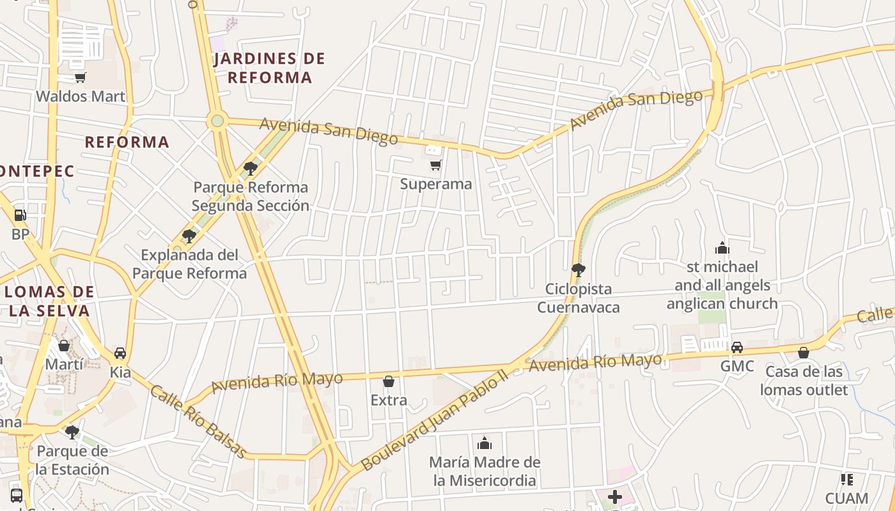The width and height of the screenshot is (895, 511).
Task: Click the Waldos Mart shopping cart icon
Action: coord(80,78)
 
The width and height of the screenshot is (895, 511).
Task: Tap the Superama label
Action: coord(436,184)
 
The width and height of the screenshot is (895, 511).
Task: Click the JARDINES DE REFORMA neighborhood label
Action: coord(269,68)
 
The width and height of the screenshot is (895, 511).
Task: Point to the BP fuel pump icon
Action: coord(20,216)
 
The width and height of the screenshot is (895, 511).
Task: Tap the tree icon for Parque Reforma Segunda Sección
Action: coord(251,169)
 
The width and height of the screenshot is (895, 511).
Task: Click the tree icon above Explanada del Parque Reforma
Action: coord(189,236)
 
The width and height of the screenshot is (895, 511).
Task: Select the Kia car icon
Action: coord(120,353)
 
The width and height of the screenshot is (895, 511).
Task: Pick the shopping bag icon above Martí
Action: coord(64,346)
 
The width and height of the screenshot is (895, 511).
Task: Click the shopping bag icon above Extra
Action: coord(389,382)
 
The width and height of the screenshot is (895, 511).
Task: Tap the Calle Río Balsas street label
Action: coord(198,422)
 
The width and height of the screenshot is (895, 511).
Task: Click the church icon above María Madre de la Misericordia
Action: coord(485,443)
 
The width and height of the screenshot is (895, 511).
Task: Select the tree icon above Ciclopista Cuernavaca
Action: coord(578,270)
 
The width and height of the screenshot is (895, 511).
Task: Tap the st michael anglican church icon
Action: coord(722,248)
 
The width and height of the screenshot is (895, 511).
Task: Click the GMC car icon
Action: coord(737,347)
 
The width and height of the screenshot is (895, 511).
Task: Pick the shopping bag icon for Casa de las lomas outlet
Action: coord(804,353)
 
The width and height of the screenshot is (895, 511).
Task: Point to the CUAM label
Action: coord(846,498)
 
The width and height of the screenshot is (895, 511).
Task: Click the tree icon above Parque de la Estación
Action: coord(72,432)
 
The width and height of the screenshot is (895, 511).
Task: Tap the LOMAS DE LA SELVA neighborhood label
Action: coord(49,301)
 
